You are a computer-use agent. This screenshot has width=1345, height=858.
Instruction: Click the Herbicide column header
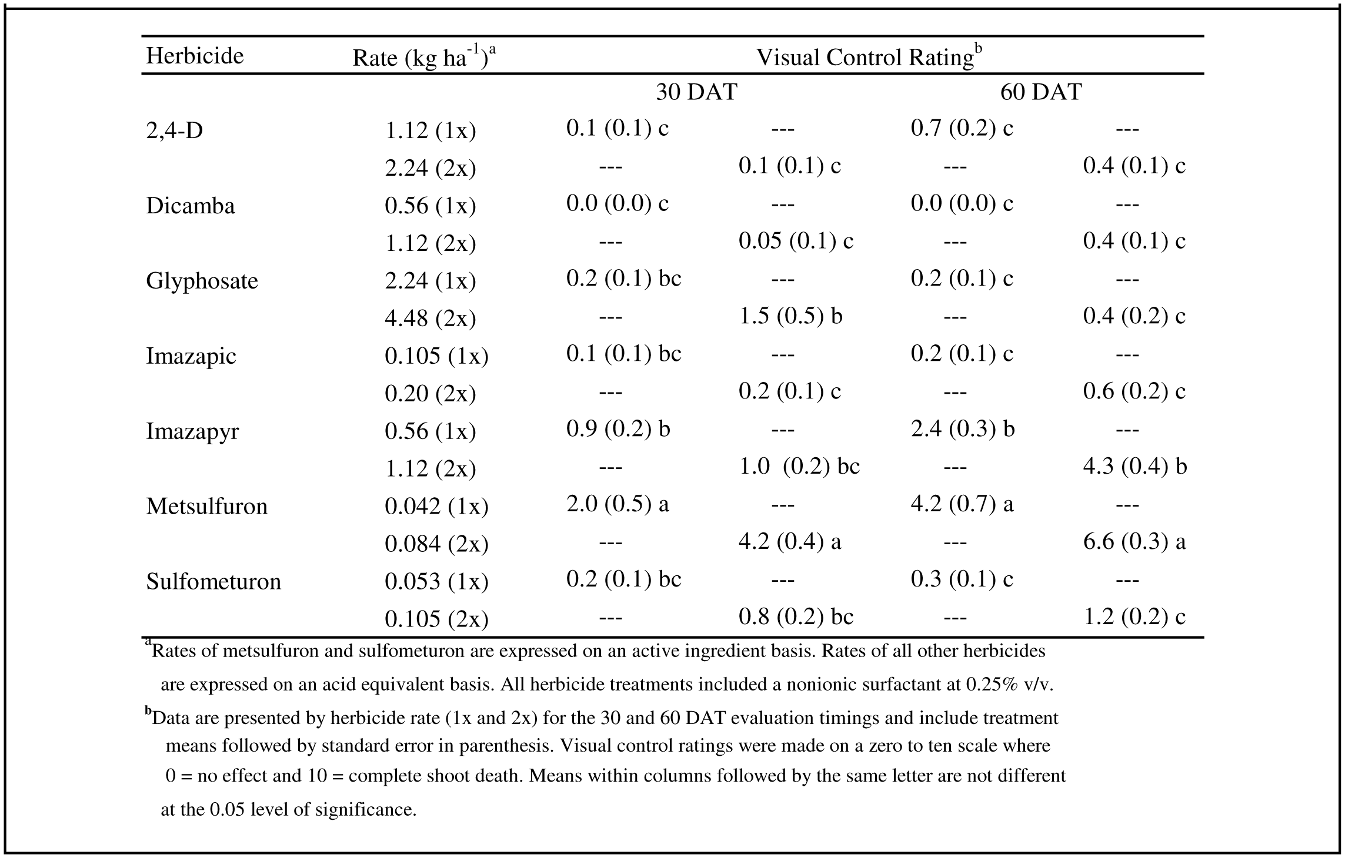tap(195, 56)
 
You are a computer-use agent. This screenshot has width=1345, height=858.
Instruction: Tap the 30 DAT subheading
tap(696, 92)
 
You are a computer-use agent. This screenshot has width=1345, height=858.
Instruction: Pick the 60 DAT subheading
tap(1041, 92)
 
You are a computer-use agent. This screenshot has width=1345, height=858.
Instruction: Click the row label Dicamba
tap(191, 206)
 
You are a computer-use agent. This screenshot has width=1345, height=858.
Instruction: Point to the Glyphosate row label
tap(202, 281)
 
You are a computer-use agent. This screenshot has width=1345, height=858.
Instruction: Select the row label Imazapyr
tap(192, 431)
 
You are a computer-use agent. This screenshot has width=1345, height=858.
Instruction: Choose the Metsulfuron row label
tap(206, 506)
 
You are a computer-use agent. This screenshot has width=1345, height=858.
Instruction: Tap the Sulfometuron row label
tap(213, 581)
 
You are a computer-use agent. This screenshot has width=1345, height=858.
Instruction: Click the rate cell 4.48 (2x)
tap(430, 319)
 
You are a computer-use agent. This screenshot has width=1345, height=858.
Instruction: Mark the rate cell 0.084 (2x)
tap(436, 544)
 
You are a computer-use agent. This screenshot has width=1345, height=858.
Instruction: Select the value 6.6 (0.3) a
tap(1134, 542)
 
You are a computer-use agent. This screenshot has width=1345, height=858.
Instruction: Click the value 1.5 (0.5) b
tap(790, 316)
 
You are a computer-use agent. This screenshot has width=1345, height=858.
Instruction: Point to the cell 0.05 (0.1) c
tap(796, 241)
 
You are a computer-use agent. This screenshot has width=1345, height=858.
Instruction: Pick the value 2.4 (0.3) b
tap(963, 429)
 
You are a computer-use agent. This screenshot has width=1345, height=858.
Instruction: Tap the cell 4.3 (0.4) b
tap(1135, 467)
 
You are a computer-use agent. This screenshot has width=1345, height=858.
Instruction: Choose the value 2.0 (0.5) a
tap(618, 504)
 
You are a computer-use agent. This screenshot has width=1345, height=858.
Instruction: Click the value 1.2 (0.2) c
tap(1134, 617)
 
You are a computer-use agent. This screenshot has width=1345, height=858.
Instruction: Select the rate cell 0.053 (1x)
tap(436, 582)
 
